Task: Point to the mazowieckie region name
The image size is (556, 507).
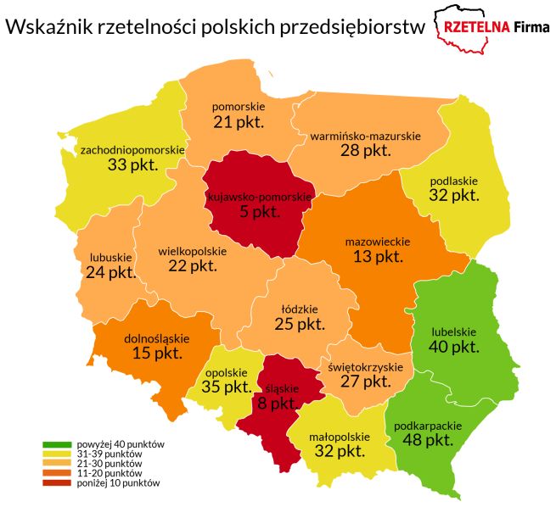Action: pyautogui.click(x=373, y=241)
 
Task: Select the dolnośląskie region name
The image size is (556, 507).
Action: pyautogui.click(x=156, y=338)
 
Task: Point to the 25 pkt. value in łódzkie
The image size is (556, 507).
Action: pyautogui.click(x=299, y=324)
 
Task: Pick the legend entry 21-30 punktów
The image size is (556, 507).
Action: pyautogui.click(x=108, y=464)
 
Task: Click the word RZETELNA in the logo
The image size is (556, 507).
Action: pyautogui.click(x=474, y=26)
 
